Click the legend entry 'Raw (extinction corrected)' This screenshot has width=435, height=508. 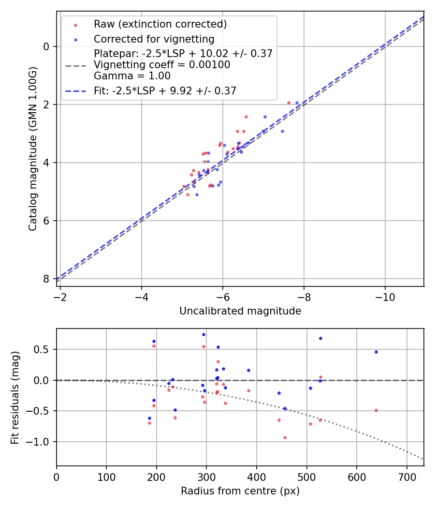pos(160,24)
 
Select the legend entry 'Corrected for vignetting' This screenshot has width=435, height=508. pos(154,39)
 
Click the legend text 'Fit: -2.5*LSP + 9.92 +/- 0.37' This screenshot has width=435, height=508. pos(165,90)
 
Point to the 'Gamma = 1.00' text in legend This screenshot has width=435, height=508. pos(132,75)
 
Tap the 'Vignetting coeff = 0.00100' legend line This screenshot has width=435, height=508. pos(162,64)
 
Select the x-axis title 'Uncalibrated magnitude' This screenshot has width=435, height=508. pos(240,311)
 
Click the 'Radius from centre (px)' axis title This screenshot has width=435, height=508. pos(240,491)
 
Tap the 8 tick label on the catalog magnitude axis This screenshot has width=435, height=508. pos(47,279)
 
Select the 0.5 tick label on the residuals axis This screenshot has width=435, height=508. pos(44,350)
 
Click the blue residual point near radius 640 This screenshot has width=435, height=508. pos(376,352)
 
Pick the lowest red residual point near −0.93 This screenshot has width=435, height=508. pos(285,437)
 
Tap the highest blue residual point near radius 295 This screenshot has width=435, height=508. pos(203,334)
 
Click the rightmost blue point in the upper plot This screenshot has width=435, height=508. pos(297,103)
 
